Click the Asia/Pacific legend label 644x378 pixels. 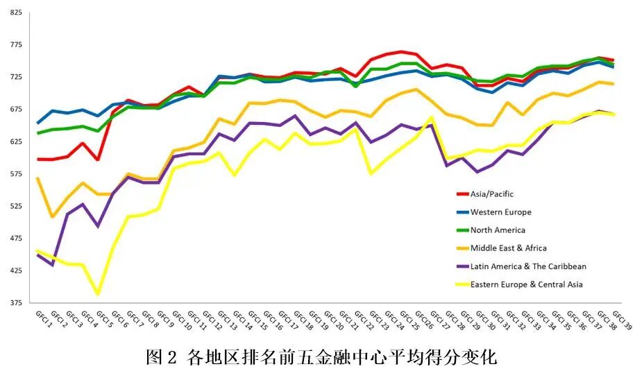tap(492, 194)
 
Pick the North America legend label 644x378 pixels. tap(498, 230)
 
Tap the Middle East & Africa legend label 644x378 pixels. tap(508, 248)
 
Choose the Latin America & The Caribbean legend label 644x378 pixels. tap(528, 266)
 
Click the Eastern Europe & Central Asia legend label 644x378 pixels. tap(526, 284)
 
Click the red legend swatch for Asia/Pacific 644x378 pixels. tap(461, 194)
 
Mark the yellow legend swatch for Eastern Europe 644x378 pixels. tap(461, 284)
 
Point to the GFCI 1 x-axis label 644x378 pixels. tap(44, 320)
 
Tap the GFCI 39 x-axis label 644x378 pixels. tap(622, 320)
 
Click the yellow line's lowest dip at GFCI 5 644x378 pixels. tap(99, 294)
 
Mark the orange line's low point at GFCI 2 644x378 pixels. tap(53, 217)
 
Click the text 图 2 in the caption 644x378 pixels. tap(163, 358)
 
